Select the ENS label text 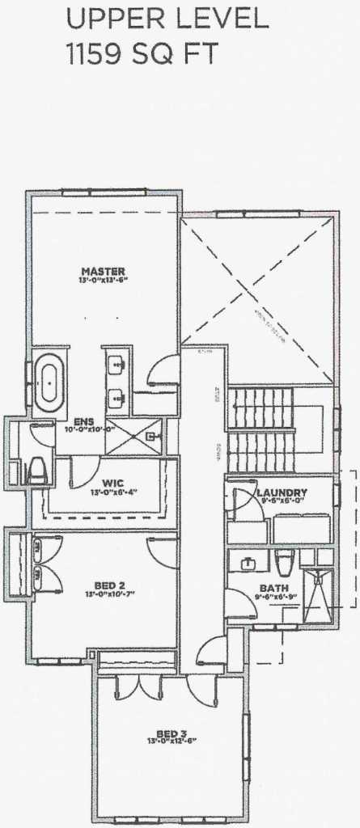tap(84, 420)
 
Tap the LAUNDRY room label tap(281, 492)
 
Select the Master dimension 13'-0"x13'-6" tap(104, 280)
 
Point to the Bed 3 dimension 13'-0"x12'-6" tap(171, 740)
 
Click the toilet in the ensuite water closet tap(37, 471)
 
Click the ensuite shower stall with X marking tap(134, 437)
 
